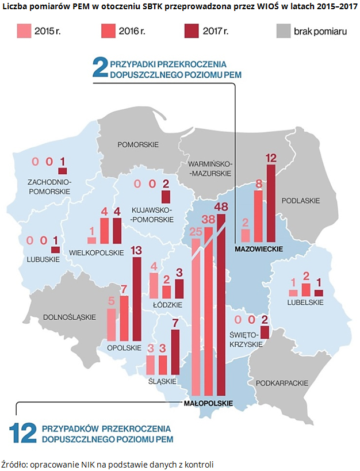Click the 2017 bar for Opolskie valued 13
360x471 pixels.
[137, 299]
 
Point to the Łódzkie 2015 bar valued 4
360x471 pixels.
[154, 285]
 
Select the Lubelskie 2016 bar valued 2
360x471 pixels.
[306, 290]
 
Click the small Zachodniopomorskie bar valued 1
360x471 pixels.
[63, 170]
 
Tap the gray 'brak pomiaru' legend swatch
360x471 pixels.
[282, 32]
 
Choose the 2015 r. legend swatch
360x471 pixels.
[24, 32]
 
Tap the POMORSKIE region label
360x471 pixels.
[137, 144]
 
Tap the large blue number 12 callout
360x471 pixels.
[25, 433]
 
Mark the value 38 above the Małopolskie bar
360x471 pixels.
[209, 219]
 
